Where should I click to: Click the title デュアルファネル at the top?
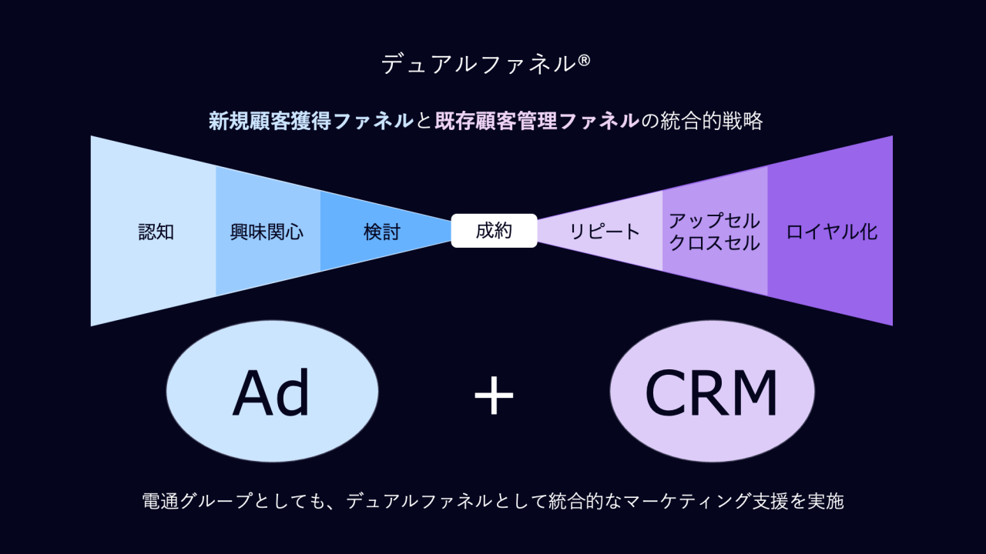[478, 64]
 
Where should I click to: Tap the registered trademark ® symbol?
[583, 60]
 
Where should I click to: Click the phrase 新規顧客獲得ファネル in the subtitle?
[311, 121]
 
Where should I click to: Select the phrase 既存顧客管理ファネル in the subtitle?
[537, 121]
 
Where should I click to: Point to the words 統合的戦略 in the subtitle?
[712, 121]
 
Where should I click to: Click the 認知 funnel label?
[156, 232]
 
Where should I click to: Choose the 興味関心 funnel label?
[267, 232]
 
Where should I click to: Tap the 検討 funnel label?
[382, 232]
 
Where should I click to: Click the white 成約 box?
[494, 231]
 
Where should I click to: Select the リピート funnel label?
[605, 232]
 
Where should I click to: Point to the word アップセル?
[714, 221]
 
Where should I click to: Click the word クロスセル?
[714, 243]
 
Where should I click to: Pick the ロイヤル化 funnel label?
[832, 232]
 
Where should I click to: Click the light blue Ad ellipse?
[272, 391]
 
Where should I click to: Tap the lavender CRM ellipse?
[712, 391]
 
